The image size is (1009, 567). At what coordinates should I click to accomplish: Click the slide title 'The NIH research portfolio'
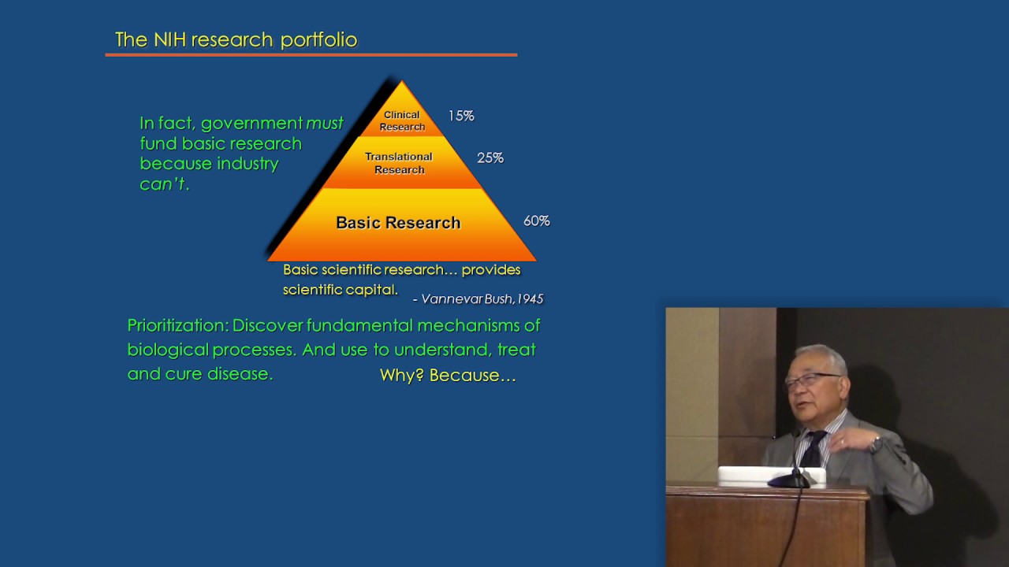[236, 39]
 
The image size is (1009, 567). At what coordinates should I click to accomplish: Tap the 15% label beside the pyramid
[461, 116]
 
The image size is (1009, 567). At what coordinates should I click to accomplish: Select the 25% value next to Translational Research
[490, 157]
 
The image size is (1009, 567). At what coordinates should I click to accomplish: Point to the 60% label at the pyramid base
[536, 221]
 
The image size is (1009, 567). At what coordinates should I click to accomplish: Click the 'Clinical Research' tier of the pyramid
[402, 120]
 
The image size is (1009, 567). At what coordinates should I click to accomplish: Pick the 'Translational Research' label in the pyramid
[399, 163]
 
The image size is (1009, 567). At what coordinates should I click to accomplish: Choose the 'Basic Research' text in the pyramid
[398, 223]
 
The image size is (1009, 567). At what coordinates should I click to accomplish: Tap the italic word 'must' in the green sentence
[324, 124]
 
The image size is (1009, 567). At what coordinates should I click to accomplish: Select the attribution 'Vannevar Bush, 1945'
[481, 299]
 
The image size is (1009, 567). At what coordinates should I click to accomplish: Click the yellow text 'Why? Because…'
[448, 376]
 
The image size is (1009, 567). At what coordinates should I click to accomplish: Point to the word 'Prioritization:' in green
[177, 325]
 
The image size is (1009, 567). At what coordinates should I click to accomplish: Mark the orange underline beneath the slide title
[311, 55]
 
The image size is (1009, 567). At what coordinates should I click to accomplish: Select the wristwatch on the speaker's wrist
[875, 445]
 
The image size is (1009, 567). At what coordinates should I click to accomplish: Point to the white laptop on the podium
[770, 476]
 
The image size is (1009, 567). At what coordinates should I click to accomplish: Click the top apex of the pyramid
[401, 83]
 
